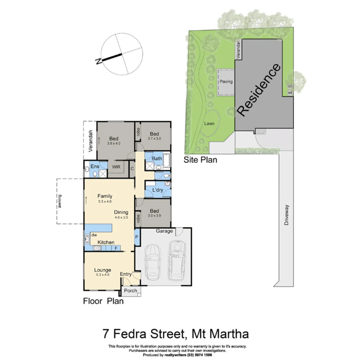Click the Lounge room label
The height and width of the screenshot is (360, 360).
point(102,270)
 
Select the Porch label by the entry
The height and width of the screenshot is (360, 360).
point(130,291)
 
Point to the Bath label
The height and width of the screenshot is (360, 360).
point(157,158)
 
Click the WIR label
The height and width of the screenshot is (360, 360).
point(116,167)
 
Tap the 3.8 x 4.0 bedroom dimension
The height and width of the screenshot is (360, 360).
point(114,143)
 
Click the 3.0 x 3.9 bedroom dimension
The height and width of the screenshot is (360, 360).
point(154,216)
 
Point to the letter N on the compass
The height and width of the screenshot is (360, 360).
point(98,61)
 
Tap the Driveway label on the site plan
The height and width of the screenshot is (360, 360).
point(286,215)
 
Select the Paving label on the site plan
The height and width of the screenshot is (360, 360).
point(226,82)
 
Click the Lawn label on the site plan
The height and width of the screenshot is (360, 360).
point(209,124)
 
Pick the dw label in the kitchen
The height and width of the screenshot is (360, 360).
point(94,235)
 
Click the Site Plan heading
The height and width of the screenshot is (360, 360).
point(200,160)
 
